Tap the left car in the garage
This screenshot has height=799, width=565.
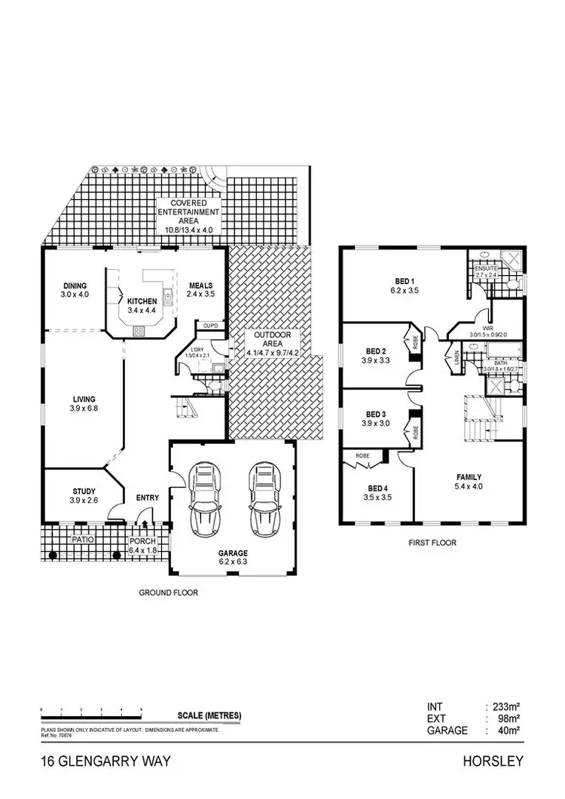pyautogui.click(x=205, y=498)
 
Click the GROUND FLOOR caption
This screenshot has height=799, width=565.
pyautogui.click(x=168, y=592)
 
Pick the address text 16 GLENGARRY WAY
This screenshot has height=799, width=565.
pyautogui.click(x=106, y=762)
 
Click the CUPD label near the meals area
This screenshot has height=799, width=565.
pyautogui.click(x=209, y=326)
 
